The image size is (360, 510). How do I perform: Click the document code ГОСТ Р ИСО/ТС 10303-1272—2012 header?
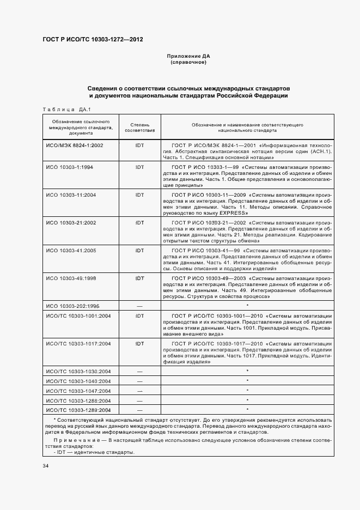[x=93, y=39]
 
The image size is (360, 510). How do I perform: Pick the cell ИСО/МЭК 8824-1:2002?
[x=75, y=146]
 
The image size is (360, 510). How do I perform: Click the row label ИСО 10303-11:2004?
[x=71, y=195]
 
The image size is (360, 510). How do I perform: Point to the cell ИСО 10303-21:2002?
[x=71, y=222]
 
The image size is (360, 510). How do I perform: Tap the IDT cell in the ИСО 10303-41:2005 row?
[x=139, y=250]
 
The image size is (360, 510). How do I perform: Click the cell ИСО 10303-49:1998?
[x=71, y=278]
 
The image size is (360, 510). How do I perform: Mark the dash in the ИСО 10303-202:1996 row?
[x=139, y=306]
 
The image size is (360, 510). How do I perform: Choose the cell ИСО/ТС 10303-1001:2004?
[x=78, y=315]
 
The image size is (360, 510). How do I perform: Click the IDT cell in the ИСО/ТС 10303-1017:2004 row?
[x=139, y=344]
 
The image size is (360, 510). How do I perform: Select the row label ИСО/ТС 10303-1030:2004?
[x=78, y=371]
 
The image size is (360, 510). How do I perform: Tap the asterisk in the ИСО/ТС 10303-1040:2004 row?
[x=247, y=380]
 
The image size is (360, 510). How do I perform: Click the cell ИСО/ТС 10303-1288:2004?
[x=78, y=400]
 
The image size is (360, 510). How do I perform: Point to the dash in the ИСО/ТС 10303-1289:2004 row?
[x=139, y=409]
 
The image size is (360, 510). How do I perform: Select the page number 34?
[x=45, y=466]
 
